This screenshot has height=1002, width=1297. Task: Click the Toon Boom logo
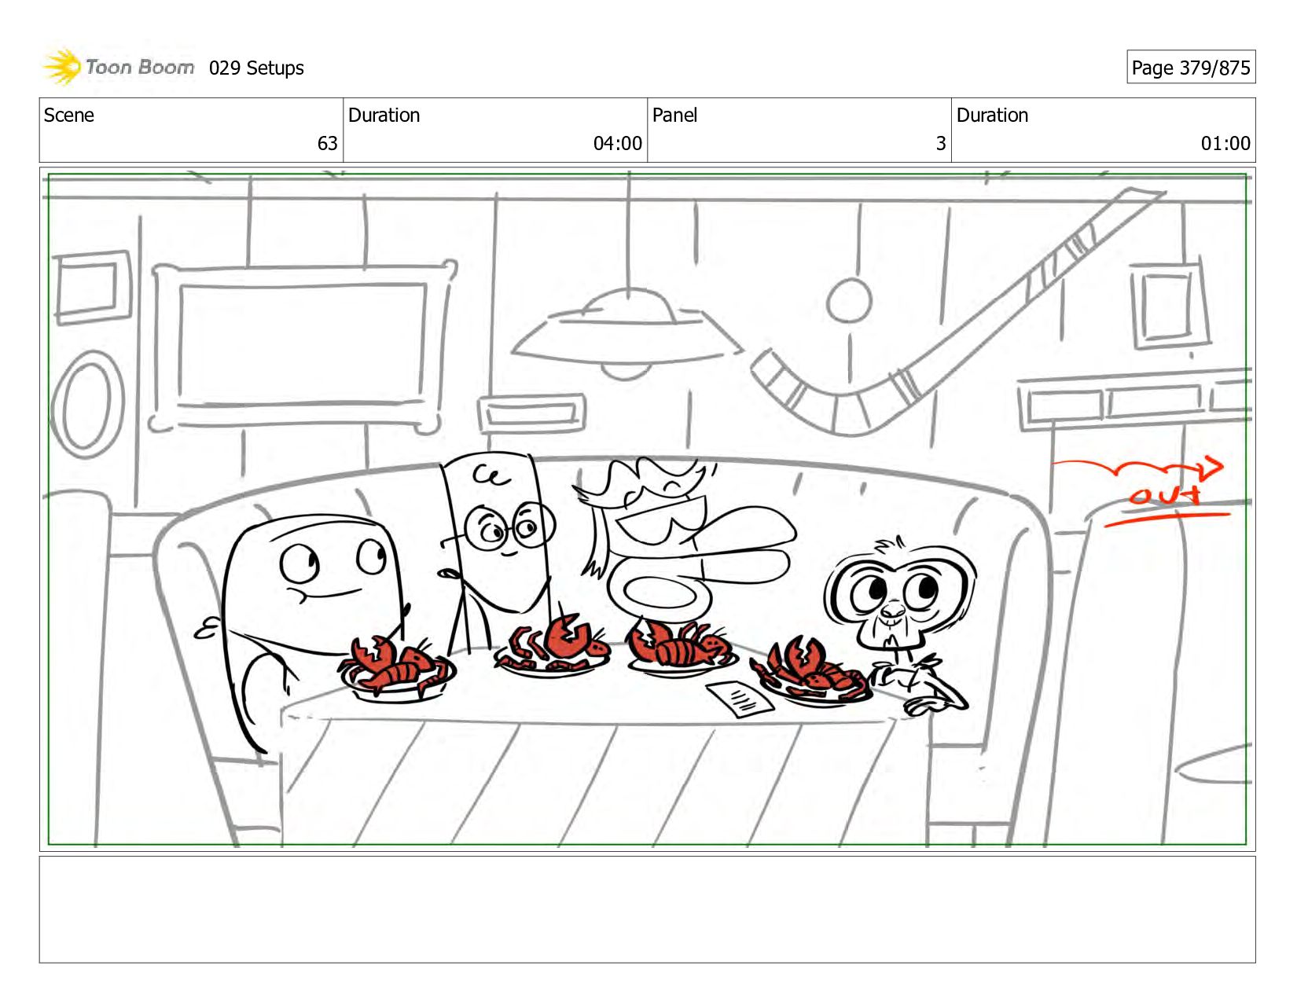pyautogui.click(x=118, y=67)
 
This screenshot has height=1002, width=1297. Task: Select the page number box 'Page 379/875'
pyautogui.click(x=1190, y=67)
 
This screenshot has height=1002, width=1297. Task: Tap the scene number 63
pyautogui.click(x=327, y=143)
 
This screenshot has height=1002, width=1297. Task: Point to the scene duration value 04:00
pyautogui.click(x=617, y=143)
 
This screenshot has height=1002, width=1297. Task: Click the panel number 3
pyautogui.click(x=941, y=143)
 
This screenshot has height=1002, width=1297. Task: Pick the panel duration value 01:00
pyautogui.click(x=1225, y=143)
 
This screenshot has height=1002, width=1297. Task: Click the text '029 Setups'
pyautogui.click(x=256, y=68)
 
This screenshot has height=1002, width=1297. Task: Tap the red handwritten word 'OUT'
pyautogui.click(x=1164, y=495)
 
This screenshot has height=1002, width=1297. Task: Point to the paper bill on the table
pyautogui.click(x=739, y=699)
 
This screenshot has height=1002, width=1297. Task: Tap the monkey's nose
pyautogui.click(x=893, y=611)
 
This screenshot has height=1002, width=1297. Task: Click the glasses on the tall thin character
pyautogui.click(x=509, y=527)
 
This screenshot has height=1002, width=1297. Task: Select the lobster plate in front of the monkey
pyautogui.click(x=812, y=674)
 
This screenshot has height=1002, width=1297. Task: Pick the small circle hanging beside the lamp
pyautogui.click(x=849, y=300)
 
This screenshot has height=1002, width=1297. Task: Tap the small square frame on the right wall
pyautogui.click(x=1169, y=306)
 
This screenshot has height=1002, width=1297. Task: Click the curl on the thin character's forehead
pyautogui.click(x=492, y=475)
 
